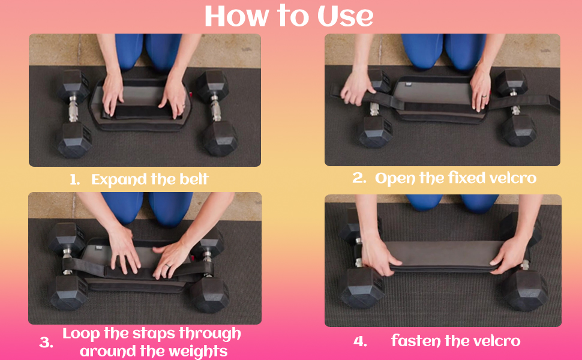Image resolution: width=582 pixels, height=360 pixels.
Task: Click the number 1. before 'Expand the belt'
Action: [74, 180]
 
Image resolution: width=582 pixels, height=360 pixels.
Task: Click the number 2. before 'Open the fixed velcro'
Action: [359, 178]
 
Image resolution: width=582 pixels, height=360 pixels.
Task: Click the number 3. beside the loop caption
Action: [46, 343]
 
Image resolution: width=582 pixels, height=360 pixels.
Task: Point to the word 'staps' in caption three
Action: [140, 334]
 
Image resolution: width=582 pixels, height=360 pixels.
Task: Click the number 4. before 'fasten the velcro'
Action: [360, 341]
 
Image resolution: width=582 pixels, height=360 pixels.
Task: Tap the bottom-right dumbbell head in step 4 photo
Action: [524, 290]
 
